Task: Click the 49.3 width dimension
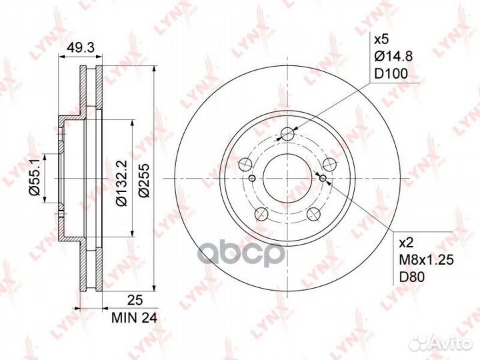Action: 81,48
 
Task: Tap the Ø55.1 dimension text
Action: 35,178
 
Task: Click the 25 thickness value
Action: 135,300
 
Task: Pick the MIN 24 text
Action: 134,319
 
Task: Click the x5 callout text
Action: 381,39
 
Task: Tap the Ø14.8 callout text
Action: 394,56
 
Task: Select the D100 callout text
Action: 391,73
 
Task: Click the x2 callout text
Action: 407,243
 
